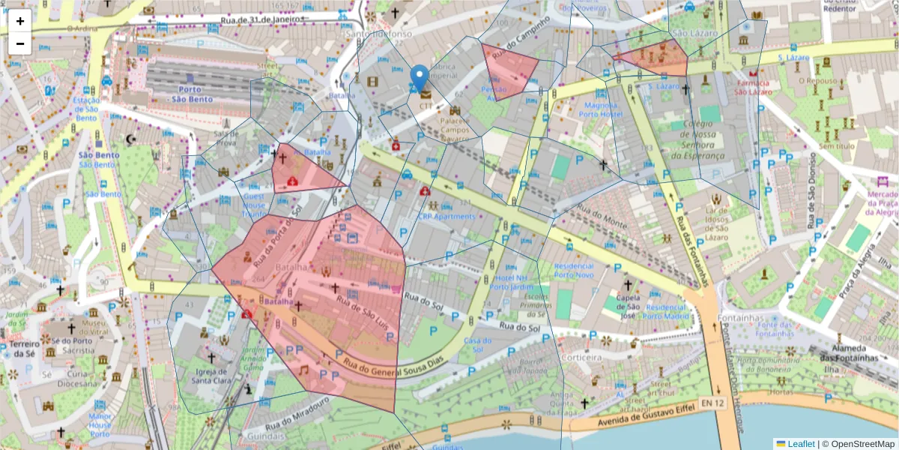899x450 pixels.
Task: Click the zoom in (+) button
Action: pos(20,21)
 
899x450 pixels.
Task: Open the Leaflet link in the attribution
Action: pos(800,443)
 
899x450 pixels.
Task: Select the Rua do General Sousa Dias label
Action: pos(394,368)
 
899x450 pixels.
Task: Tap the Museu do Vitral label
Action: pos(95,327)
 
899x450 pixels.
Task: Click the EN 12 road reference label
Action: pos(713,403)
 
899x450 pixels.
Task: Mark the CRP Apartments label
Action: pos(447,217)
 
